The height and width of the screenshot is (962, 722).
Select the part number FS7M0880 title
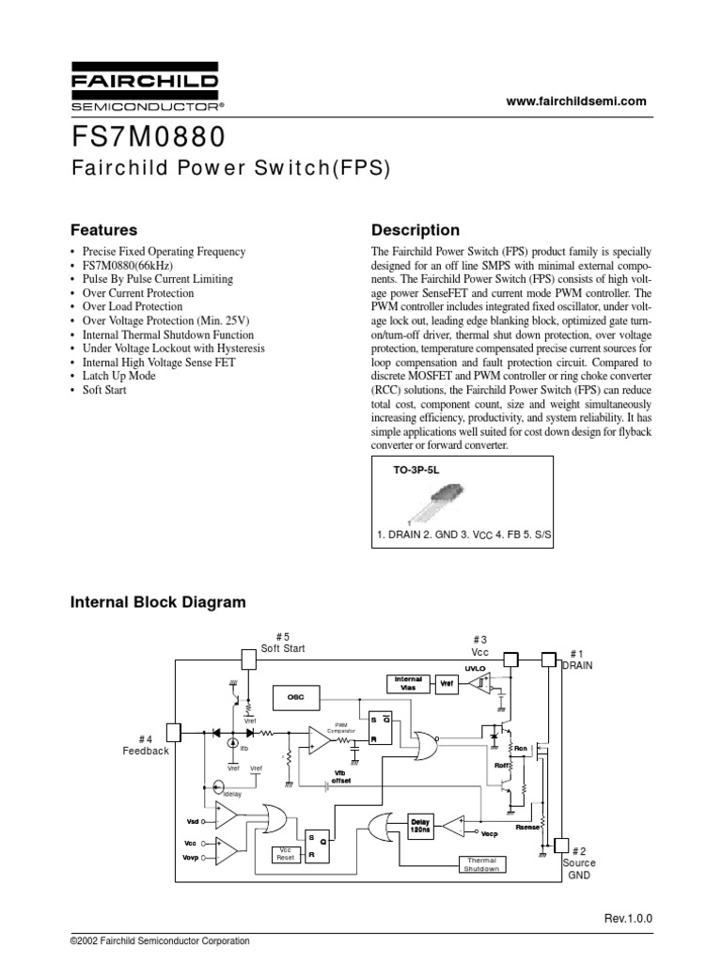click(x=149, y=137)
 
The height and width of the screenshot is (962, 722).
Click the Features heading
click(x=104, y=230)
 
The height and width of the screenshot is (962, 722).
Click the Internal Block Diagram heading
click(x=158, y=602)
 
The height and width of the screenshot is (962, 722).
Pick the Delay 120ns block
click(x=420, y=825)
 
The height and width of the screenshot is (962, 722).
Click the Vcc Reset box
click(x=286, y=853)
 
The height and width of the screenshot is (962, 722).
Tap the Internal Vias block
click(x=408, y=683)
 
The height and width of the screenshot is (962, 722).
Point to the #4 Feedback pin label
click(x=146, y=745)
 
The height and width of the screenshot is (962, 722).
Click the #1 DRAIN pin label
click(x=576, y=659)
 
